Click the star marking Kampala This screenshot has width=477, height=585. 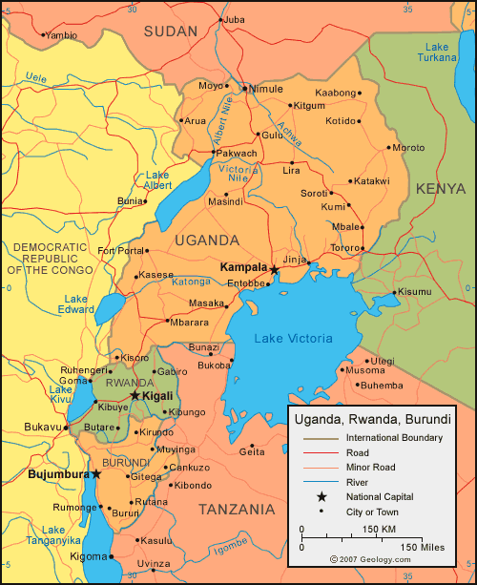[275, 270]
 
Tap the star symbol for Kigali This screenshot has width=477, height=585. [135, 395]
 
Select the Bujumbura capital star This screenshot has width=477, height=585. [95, 473]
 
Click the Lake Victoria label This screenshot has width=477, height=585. [293, 339]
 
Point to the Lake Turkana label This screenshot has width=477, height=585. [437, 52]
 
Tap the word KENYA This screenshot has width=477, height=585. [442, 187]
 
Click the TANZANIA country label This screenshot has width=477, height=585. [236, 509]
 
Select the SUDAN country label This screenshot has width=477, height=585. [171, 31]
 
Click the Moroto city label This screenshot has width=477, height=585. [408, 148]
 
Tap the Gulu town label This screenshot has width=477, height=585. [273, 136]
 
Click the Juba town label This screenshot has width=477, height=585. [235, 19]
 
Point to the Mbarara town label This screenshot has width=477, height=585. [190, 322]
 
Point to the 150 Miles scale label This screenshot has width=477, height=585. [422, 546]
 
